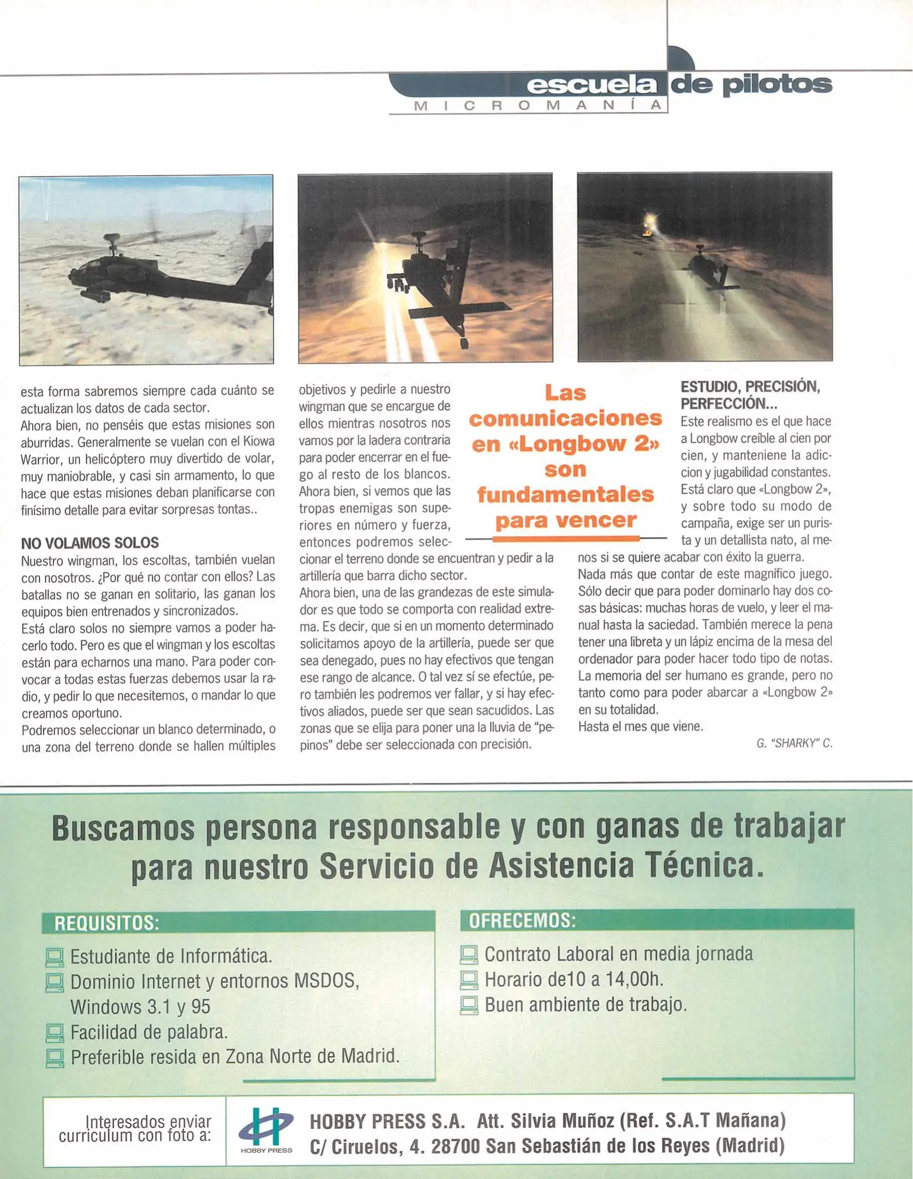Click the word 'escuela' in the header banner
click(592, 85)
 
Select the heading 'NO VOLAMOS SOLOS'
click(90, 543)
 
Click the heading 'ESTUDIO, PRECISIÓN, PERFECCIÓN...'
click(750, 395)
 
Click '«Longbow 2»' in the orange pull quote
click(565, 444)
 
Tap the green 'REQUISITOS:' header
click(107, 923)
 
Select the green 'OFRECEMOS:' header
click(522, 921)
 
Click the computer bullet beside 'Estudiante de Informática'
click(55, 957)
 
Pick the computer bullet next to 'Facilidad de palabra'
click(55, 1033)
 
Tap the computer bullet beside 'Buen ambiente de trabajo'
click(469, 1005)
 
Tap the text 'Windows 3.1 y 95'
click(140, 1007)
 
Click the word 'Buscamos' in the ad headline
click(123, 829)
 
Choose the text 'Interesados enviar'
click(148, 1122)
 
